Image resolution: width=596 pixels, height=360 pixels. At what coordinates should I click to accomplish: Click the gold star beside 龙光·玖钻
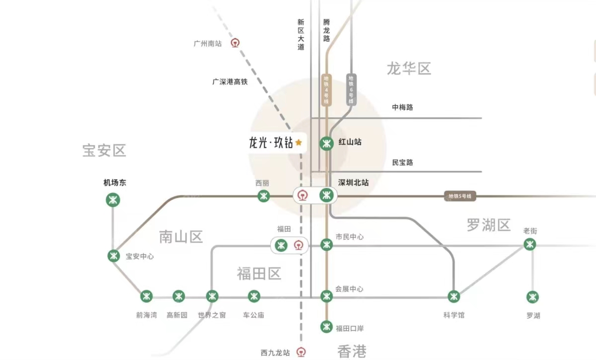[298, 143]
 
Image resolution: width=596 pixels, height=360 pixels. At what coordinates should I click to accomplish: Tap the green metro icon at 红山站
[326, 143]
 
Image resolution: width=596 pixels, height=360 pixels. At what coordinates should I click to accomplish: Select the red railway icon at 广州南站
[235, 43]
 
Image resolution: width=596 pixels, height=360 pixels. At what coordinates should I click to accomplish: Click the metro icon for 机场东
[113, 200]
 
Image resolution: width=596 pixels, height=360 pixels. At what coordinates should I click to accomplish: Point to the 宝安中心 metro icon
[114, 256]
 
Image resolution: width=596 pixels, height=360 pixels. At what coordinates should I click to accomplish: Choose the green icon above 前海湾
[146, 296]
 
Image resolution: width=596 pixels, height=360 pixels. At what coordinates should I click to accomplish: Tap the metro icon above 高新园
[179, 296]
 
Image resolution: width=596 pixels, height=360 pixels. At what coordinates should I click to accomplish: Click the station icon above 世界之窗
[212, 296]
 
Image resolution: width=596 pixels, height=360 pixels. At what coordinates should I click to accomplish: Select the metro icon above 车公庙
[254, 296]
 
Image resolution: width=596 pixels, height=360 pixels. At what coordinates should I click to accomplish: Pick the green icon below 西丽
[263, 196]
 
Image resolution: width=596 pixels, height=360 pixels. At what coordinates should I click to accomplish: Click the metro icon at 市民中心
[326, 244]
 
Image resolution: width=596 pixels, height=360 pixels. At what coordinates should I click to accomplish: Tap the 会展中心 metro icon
[326, 296]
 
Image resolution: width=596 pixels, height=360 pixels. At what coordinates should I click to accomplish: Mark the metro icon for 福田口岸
[326, 327]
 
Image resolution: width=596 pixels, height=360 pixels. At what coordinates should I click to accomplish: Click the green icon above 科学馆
[453, 296]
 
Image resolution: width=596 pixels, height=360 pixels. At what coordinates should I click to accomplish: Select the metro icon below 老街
[530, 244]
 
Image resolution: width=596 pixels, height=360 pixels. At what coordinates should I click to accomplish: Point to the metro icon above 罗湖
[533, 297]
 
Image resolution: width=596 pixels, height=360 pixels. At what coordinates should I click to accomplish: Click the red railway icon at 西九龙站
[300, 352]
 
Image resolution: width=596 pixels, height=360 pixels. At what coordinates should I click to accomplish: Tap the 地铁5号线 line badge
[460, 197]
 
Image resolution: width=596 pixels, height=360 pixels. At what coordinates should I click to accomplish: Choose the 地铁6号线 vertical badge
[351, 89]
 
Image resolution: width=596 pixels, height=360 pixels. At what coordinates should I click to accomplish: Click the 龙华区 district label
[409, 69]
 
